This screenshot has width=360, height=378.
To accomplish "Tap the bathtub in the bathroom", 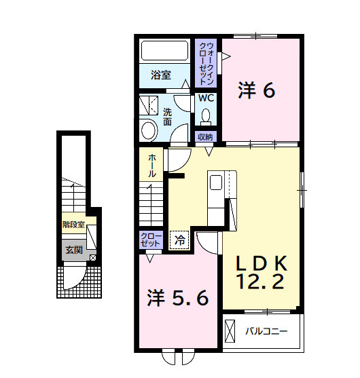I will click(x=164, y=52).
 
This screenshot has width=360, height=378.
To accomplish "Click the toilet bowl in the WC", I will click(x=206, y=117).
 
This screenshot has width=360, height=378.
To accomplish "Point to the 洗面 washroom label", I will click(x=166, y=117).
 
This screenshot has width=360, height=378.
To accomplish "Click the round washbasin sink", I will click(x=148, y=129).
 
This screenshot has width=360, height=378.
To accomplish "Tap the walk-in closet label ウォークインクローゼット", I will click(x=206, y=64).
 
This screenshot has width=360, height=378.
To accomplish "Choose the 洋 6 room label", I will click(x=257, y=91).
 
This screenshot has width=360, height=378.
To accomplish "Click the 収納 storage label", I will click(x=205, y=136).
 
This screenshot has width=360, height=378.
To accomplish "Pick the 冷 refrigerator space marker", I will click(x=179, y=240).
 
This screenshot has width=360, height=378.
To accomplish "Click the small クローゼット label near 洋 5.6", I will click(x=150, y=239).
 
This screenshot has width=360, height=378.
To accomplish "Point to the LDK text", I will click(x=262, y=263).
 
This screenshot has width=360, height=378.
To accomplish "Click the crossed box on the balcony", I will click(x=230, y=331).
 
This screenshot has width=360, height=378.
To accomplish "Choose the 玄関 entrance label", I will click(x=73, y=250).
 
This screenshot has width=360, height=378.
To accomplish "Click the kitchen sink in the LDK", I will click(x=215, y=183).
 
